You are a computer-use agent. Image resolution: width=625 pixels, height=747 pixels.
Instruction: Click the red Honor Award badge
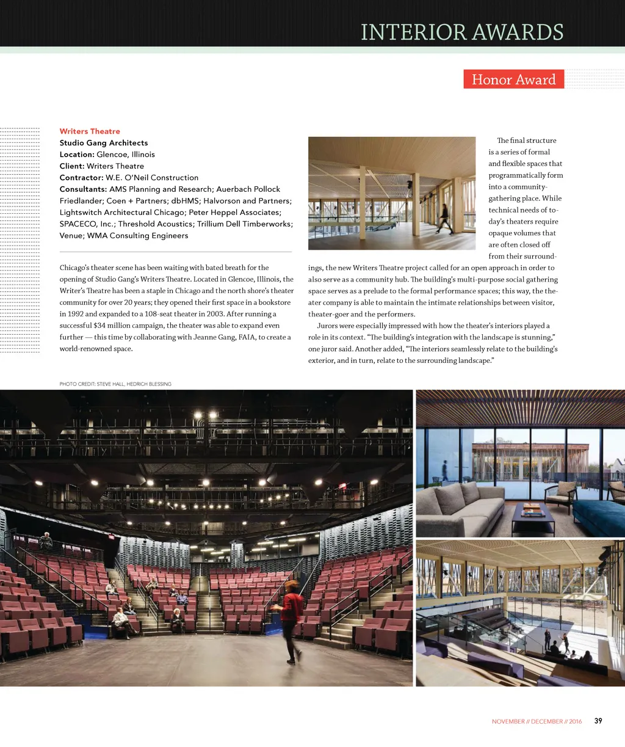(513, 79)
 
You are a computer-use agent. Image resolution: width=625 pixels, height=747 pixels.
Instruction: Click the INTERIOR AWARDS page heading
(462, 32)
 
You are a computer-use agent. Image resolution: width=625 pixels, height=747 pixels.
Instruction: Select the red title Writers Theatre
(90, 131)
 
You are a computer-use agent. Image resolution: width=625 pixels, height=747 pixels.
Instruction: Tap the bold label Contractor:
(81, 178)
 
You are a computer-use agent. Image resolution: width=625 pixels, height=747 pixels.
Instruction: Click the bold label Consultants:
(83, 189)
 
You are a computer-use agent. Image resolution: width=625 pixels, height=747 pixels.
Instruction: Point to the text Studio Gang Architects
(104, 143)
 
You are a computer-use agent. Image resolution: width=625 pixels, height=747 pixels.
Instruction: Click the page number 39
(598, 721)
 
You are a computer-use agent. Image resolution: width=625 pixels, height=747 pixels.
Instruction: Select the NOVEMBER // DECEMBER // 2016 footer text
(536, 721)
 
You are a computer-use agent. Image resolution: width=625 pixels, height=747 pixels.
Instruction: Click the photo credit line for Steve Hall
(115, 384)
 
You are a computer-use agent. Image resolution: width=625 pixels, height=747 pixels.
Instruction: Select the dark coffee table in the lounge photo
(532, 516)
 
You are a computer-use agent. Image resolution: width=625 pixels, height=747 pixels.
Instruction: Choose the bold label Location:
(77, 155)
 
